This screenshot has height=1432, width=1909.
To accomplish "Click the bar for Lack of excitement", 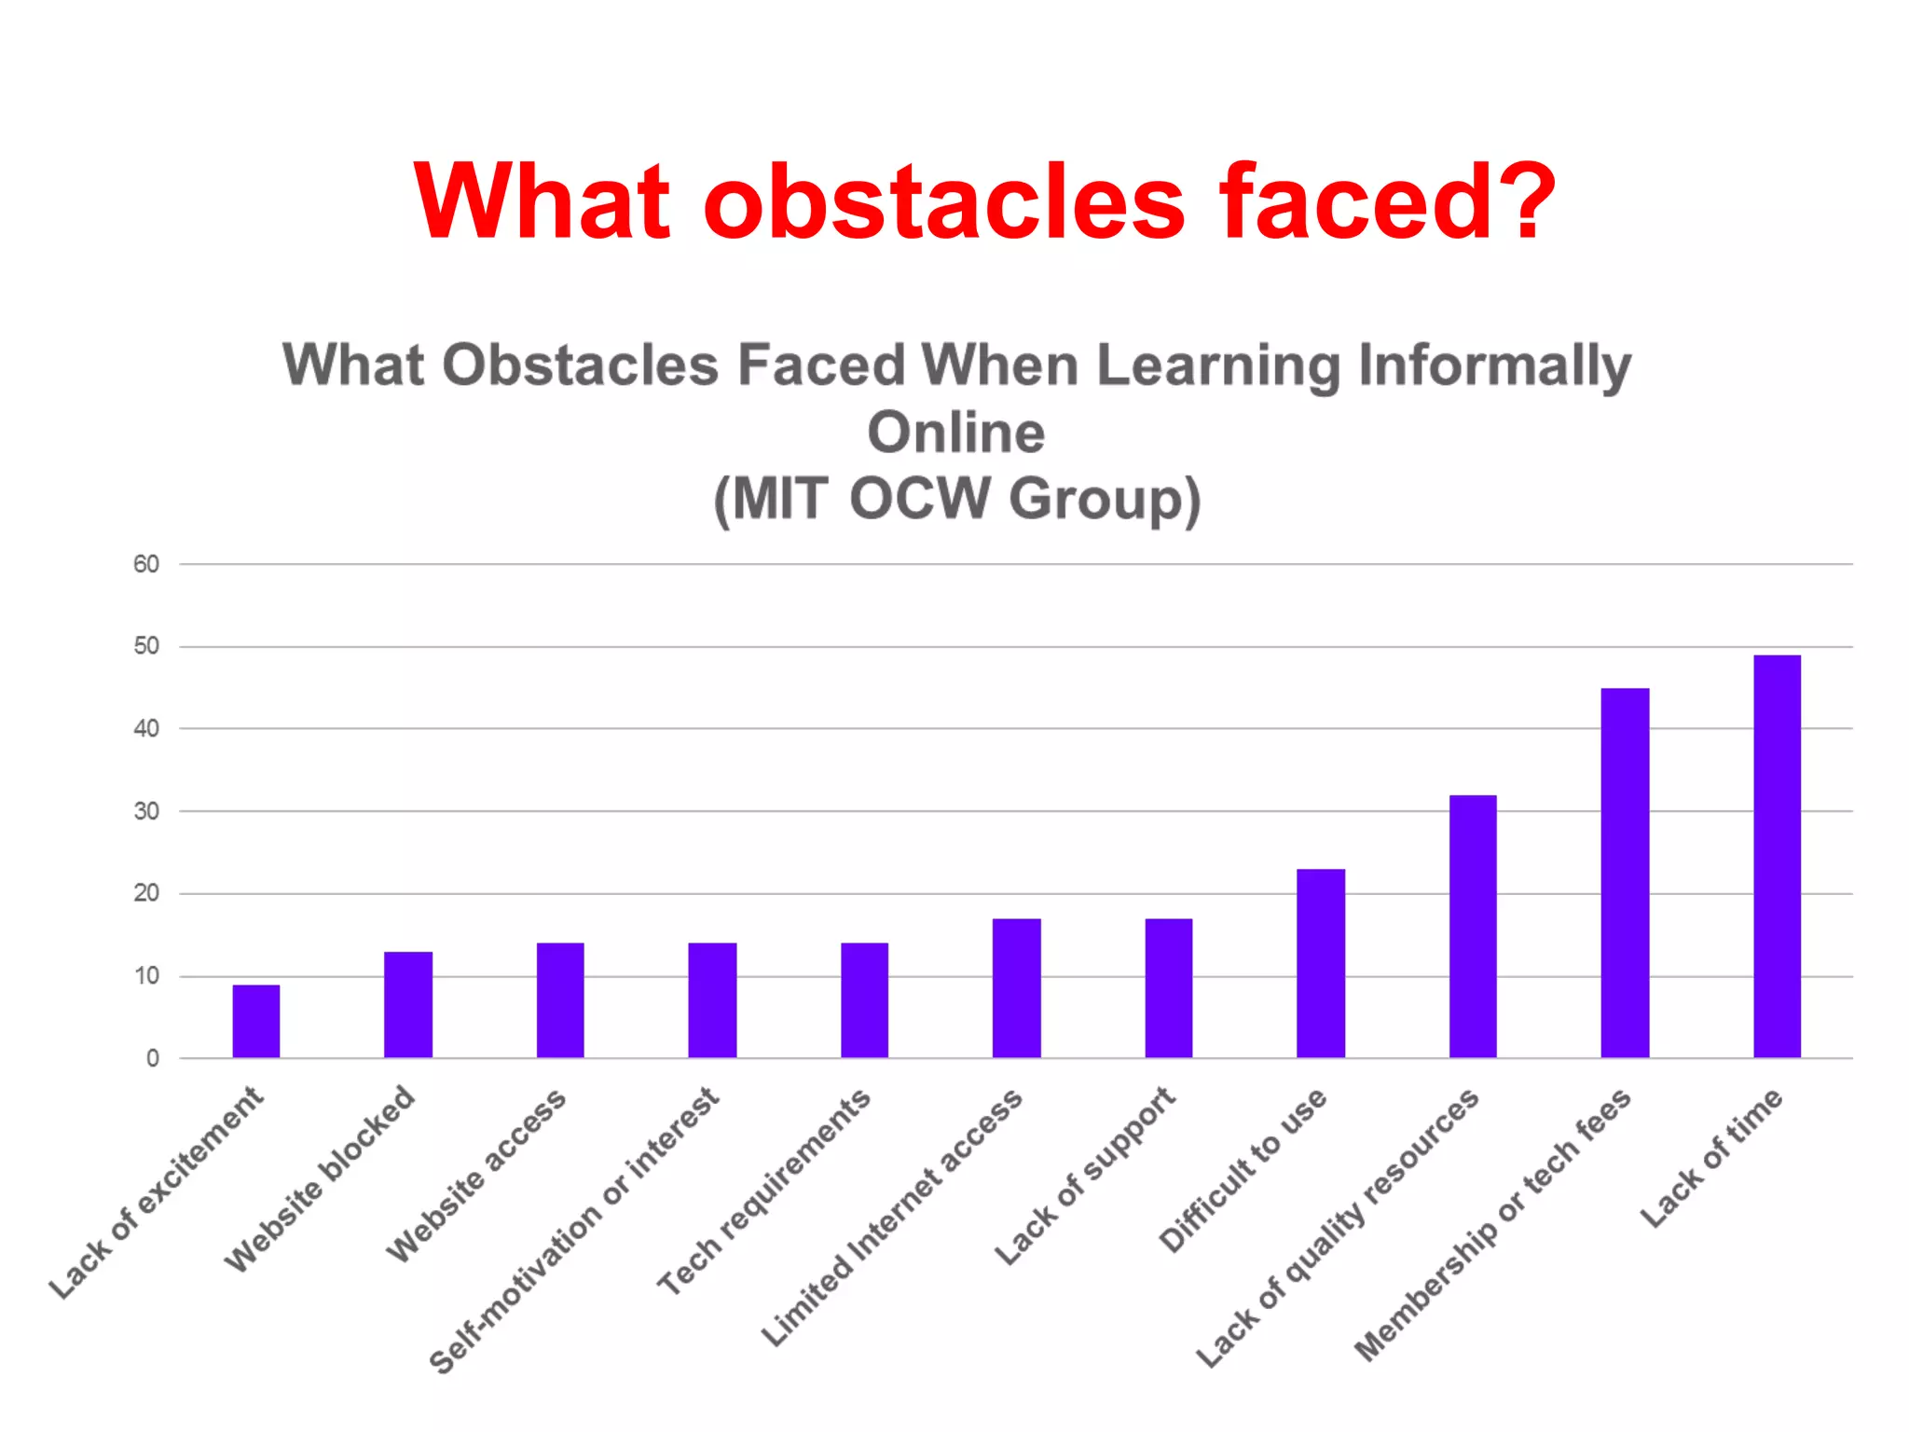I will pos(256,1021).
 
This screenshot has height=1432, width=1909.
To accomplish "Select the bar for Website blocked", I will pos(408,1004).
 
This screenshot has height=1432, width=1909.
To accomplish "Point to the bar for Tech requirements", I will pos(864,1000).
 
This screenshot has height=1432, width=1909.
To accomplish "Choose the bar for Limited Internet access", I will pos(1016,988).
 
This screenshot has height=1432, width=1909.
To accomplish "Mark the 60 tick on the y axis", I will pos(146,564).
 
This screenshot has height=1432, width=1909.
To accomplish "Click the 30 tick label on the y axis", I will pos(146,811).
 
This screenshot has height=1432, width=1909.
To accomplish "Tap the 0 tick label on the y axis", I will pos(152,1058).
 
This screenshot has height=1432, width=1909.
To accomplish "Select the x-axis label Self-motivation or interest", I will pos(573,1231).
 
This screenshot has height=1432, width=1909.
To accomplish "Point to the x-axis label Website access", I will pos(475,1177).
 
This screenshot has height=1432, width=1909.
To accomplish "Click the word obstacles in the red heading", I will pos(943,201).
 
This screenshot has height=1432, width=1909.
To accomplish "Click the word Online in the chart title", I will pos(955,433).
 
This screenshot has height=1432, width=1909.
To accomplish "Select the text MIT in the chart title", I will pos(779,499).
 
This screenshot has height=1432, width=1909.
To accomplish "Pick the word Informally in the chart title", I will pos(1494,365).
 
